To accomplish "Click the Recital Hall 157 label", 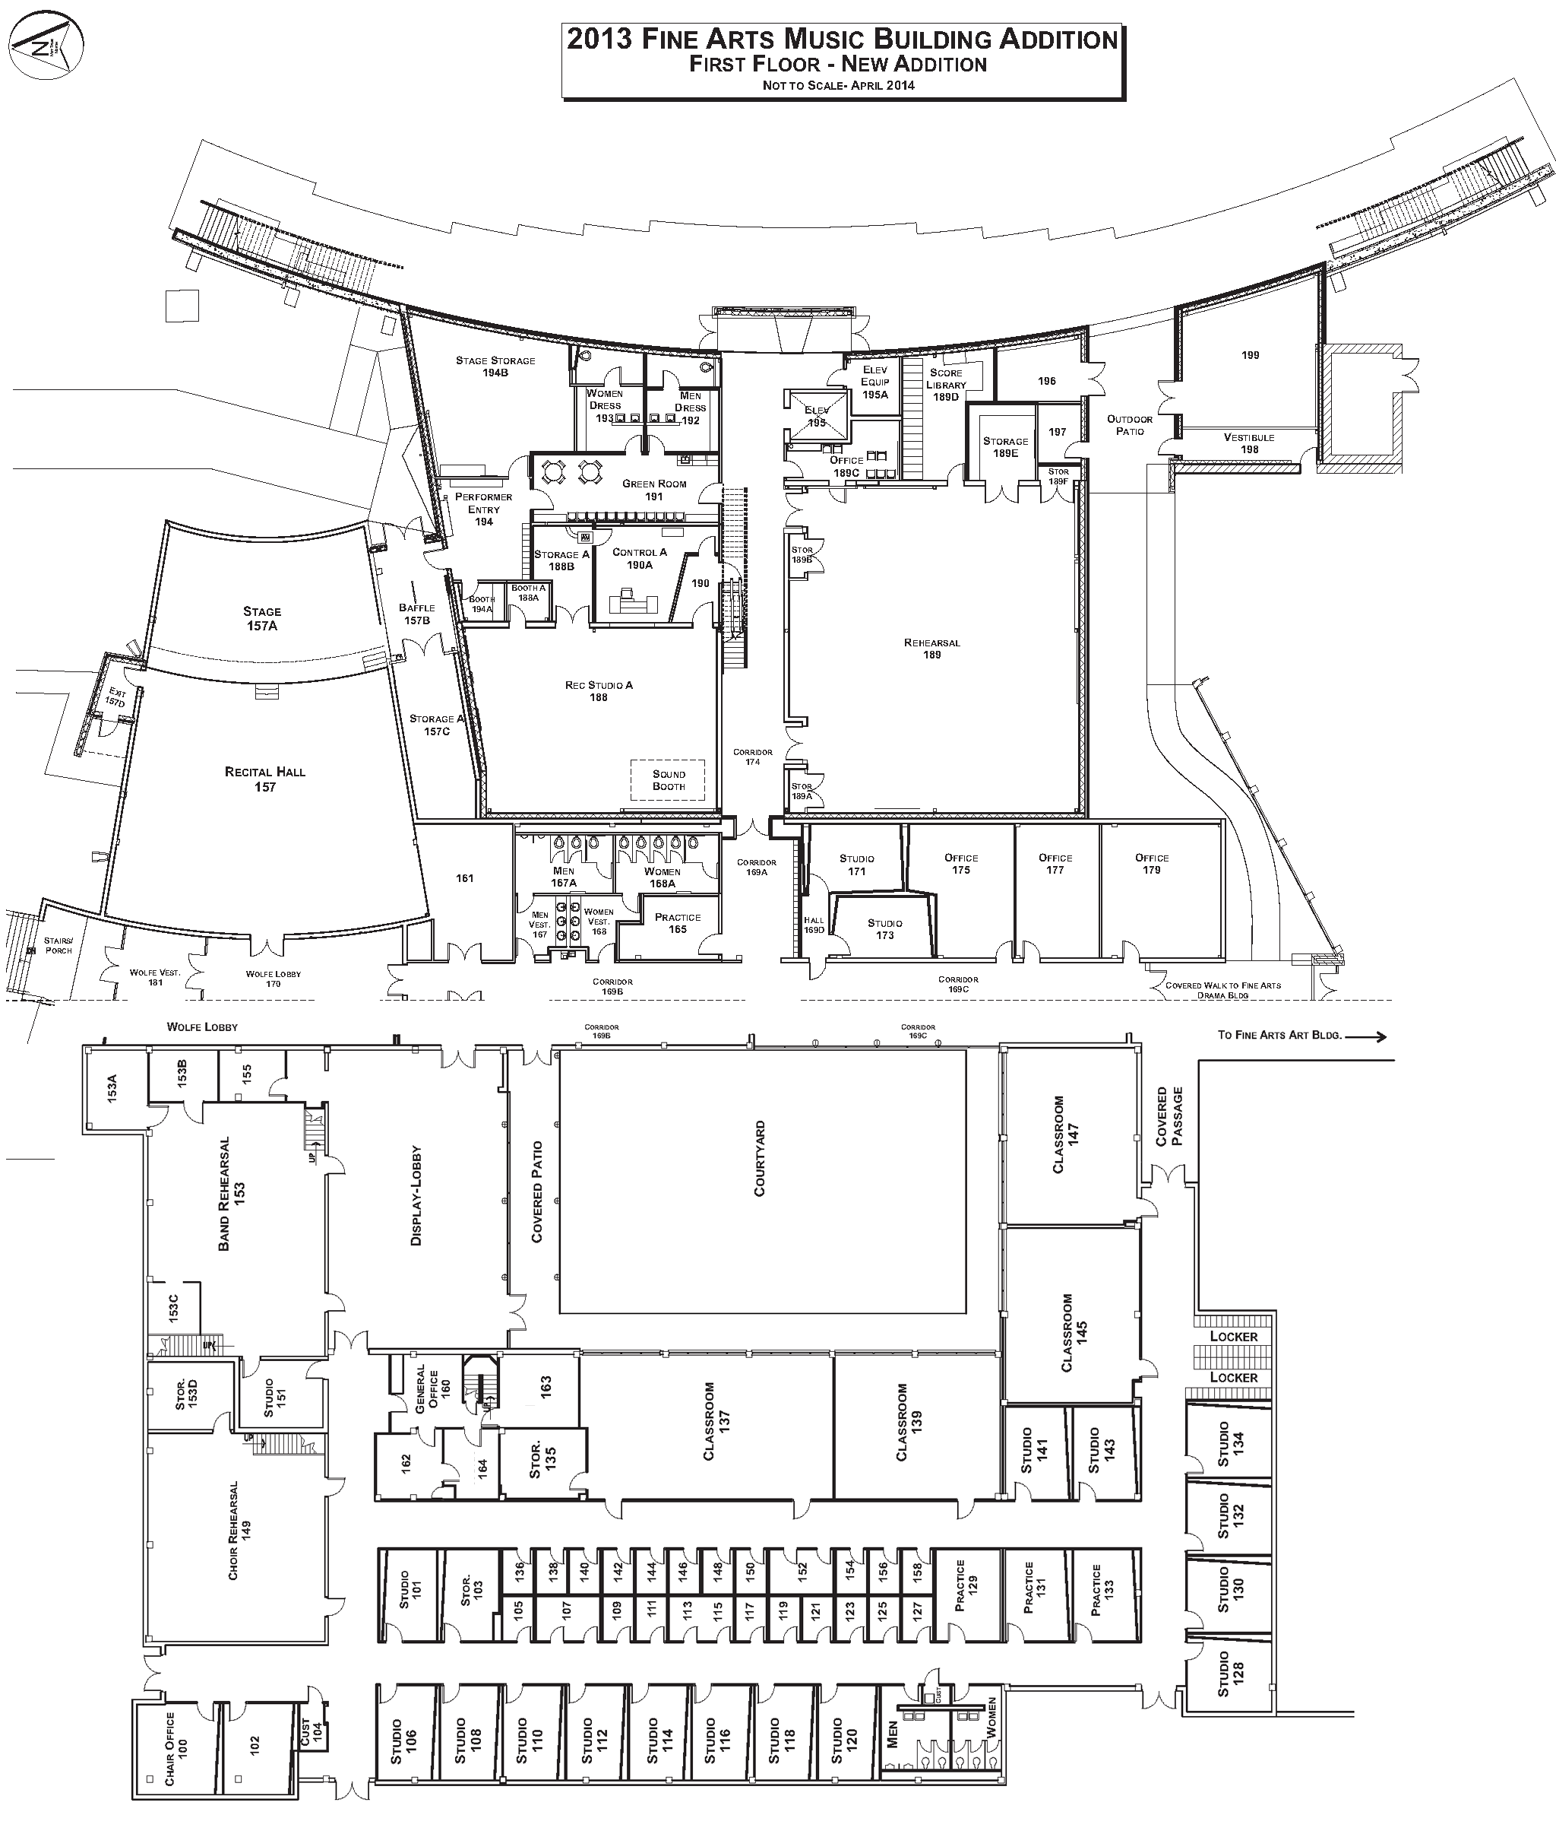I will (264, 779).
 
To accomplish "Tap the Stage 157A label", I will (262, 618).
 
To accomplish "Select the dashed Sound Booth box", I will (668, 780).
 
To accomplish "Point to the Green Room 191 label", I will (653, 490).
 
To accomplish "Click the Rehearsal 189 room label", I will (931, 649).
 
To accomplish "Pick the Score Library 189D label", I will (946, 385).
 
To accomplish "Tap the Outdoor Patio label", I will (1129, 424).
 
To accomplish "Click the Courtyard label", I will (760, 1158).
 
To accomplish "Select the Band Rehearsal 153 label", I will (231, 1193).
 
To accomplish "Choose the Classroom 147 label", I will (1065, 1134).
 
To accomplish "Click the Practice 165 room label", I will (678, 923).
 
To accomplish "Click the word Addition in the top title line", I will (1058, 40).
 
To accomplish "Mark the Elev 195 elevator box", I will (817, 417).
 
